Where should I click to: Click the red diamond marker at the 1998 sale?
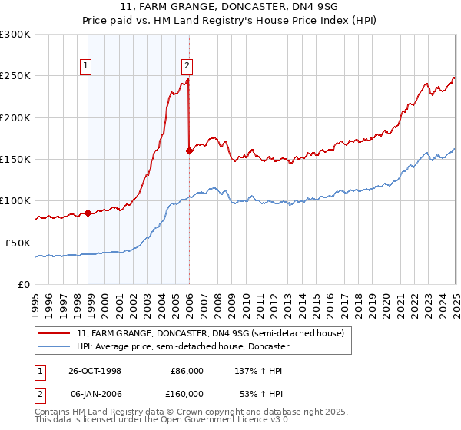88,213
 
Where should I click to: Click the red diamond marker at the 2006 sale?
189,151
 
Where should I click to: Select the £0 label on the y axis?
24,284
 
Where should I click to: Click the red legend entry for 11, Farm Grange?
214,333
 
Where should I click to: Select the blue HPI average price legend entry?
182,346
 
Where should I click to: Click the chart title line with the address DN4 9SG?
230,7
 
